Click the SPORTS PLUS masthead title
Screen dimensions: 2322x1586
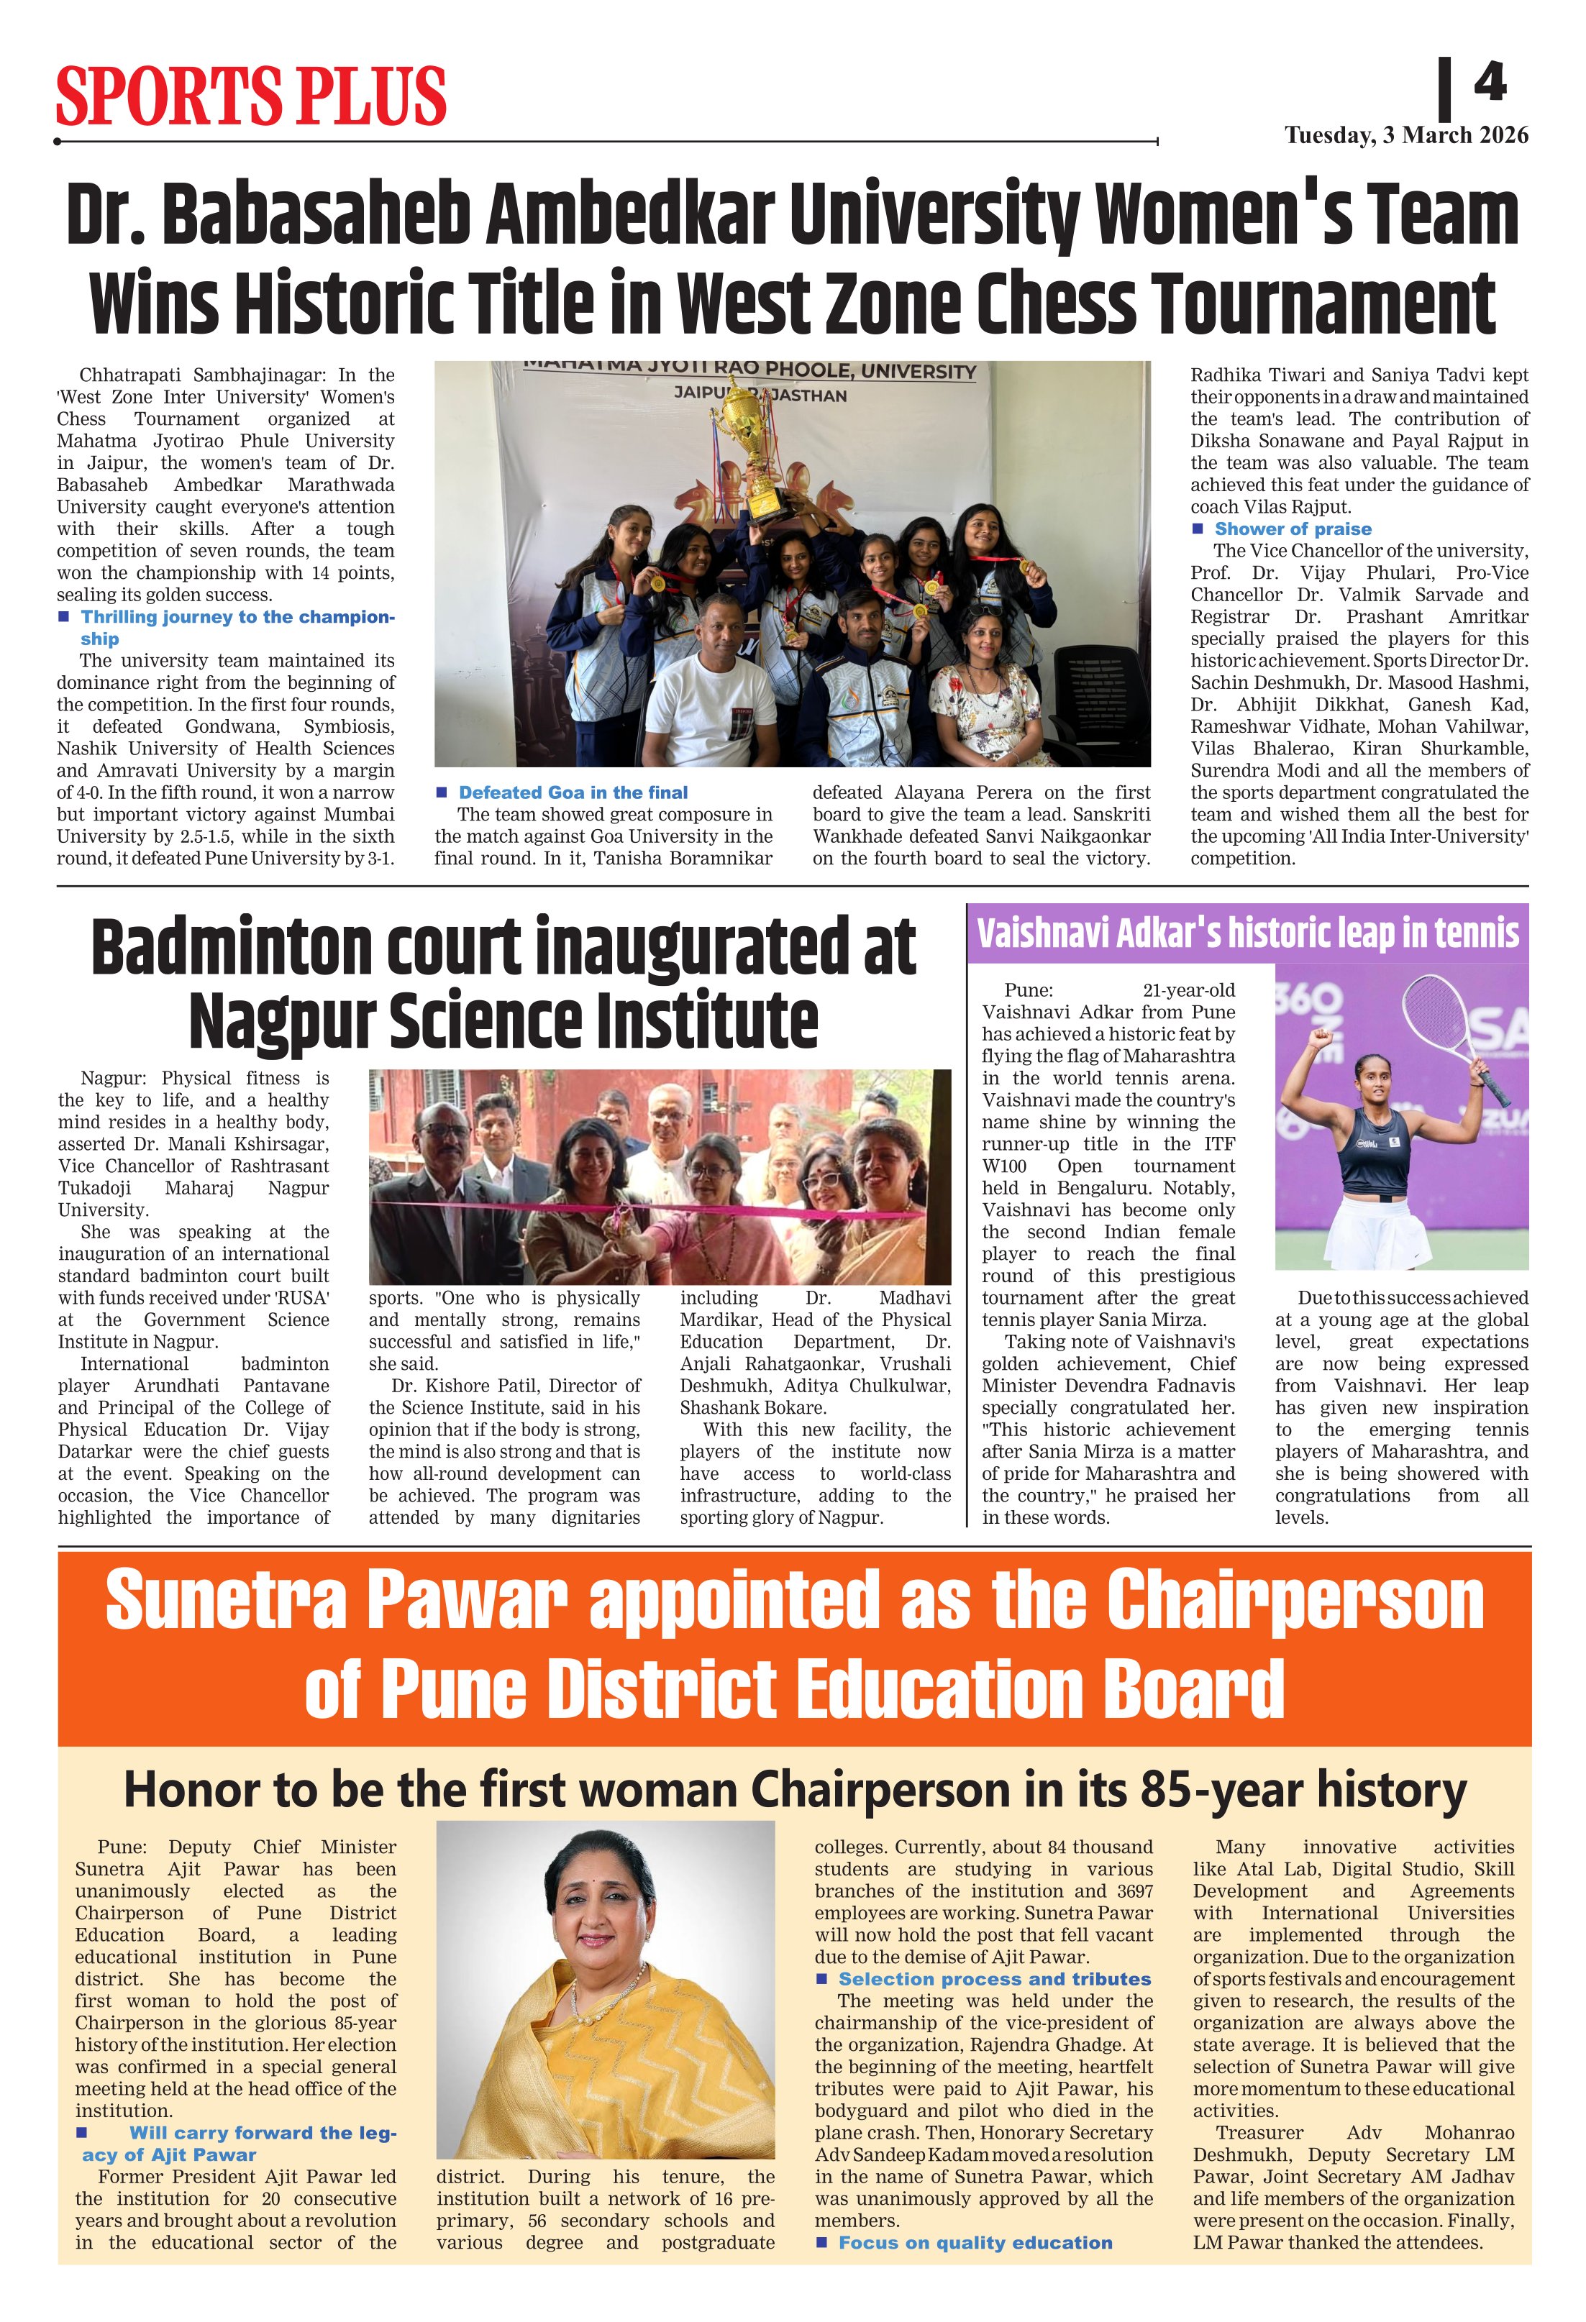pyautogui.click(x=250, y=96)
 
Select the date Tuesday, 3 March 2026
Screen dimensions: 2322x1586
pyautogui.click(x=1406, y=136)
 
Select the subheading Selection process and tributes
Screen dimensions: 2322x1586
pyautogui.click(x=993, y=1978)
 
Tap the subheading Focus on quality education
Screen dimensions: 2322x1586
pyautogui.click(x=975, y=2242)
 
